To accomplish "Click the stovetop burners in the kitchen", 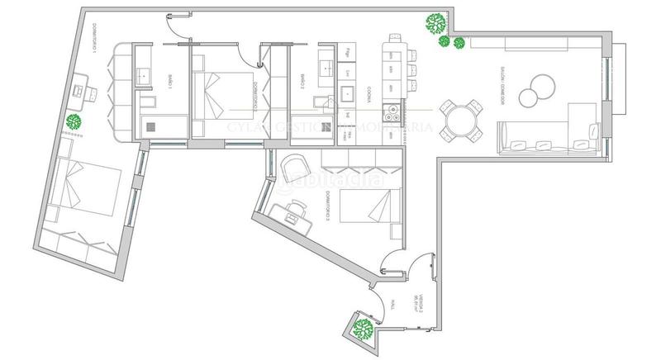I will click(391, 111).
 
